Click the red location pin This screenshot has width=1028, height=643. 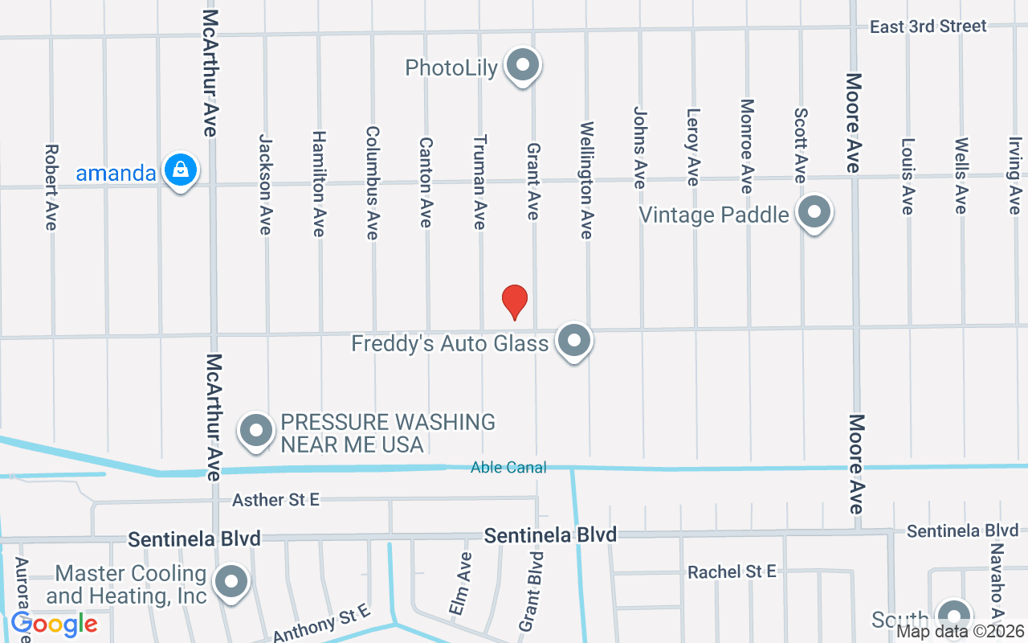point(514,301)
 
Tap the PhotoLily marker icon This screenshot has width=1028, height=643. point(523,65)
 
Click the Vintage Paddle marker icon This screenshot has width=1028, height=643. point(814,213)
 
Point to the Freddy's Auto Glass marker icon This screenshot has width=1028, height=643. point(574,341)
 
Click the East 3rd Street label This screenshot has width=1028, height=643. point(928,27)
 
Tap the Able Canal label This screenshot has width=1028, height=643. point(508,467)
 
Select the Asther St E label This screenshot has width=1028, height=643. point(275,500)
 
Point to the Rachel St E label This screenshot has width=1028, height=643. point(732,571)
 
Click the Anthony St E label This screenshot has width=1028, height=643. point(321,624)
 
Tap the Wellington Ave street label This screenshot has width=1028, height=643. point(587,179)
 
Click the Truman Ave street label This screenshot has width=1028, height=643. point(480,181)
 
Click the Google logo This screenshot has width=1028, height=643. point(54,624)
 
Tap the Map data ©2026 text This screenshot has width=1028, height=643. point(961,631)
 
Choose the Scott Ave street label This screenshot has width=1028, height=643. point(801,145)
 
